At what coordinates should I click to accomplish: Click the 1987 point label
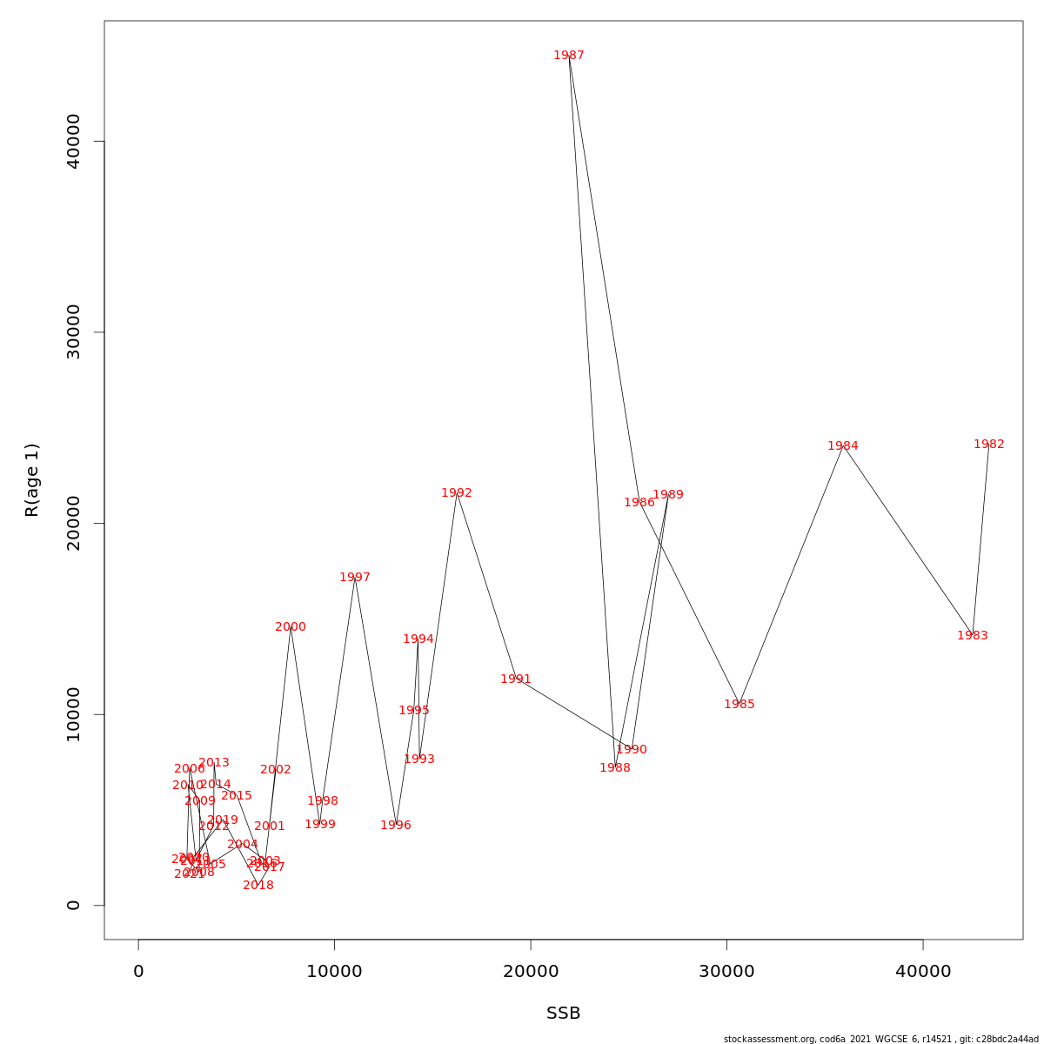pyautogui.click(x=569, y=56)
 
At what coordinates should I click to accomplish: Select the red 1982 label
pyautogui.click(x=988, y=445)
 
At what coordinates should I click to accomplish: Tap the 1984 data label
pyautogui.click(x=842, y=446)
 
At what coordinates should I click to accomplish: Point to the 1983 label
pyautogui.click(x=972, y=636)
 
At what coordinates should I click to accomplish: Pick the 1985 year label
pyautogui.click(x=739, y=705)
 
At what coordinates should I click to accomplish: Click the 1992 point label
pyautogui.click(x=456, y=493)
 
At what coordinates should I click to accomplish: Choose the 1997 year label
pyautogui.click(x=354, y=578)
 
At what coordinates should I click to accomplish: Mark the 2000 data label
pyautogui.click(x=290, y=627)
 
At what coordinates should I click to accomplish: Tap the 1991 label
pyautogui.click(x=515, y=679)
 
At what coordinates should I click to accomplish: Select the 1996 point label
pyautogui.click(x=395, y=826)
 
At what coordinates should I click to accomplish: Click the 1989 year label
pyautogui.click(x=667, y=495)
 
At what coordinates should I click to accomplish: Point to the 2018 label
pyautogui.click(x=258, y=886)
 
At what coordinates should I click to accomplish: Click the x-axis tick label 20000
pyautogui.click(x=531, y=972)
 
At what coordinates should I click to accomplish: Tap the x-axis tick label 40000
pyautogui.click(x=923, y=972)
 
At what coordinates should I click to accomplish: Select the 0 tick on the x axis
pyautogui.click(x=138, y=972)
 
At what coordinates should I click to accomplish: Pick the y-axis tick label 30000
pyautogui.click(x=74, y=331)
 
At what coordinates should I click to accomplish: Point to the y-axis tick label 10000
pyautogui.click(x=74, y=714)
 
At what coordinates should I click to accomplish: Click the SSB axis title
pyautogui.click(x=563, y=1014)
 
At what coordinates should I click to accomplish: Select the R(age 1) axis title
pyautogui.click(x=32, y=479)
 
